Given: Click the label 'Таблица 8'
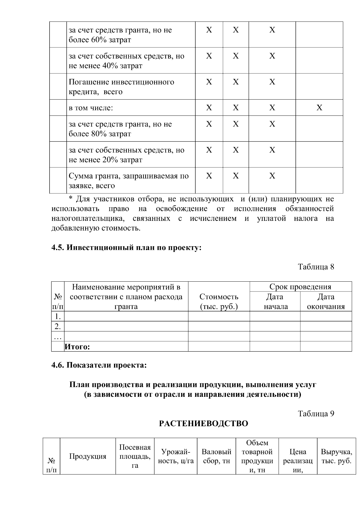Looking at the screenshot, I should [316, 267].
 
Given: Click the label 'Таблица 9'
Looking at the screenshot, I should [316, 414].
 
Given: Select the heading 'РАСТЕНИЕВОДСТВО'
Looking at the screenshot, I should [203, 424].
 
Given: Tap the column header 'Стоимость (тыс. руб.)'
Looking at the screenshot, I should [219, 301].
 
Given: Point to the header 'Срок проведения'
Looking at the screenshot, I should [300, 286].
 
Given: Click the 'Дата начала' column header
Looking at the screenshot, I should [275, 301].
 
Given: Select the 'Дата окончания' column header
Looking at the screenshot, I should [326, 301].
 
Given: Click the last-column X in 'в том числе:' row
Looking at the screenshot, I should [319, 108].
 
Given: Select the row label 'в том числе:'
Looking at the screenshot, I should [91, 108].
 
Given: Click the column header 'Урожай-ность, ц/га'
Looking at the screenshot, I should [176, 456].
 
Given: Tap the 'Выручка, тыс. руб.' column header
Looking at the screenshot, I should [336, 456].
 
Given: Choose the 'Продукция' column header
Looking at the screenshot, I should [88, 457].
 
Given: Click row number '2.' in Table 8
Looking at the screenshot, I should [58, 326].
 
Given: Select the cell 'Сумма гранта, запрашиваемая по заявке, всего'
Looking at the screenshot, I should [129, 181].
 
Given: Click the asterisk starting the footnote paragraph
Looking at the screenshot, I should [71, 198].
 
